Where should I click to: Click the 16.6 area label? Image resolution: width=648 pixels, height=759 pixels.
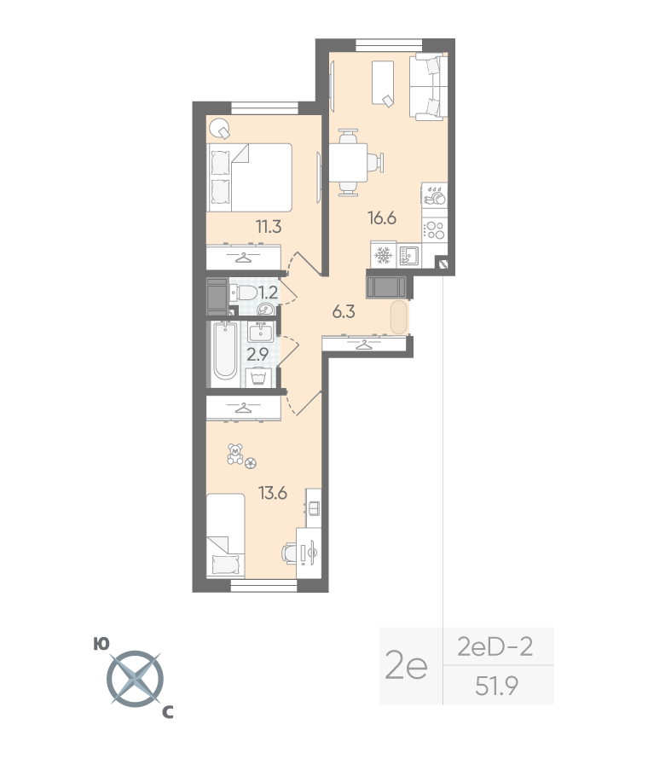pyautogui.click(x=382, y=218)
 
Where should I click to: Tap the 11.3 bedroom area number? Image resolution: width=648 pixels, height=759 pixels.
pyautogui.click(x=269, y=226)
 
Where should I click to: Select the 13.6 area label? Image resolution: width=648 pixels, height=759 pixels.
pyautogui.click(x=273, y=493)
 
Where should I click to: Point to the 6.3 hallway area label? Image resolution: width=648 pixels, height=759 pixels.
pyautogui.click(x=344, y=312)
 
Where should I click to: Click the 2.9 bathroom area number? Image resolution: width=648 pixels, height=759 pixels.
pyautogui.click(x=257, y=355)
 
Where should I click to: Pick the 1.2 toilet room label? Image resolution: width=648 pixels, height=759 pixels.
pyautogui.click(x=268, y=293)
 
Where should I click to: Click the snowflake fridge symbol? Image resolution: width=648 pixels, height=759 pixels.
pyautogui.click(x=384, y=256)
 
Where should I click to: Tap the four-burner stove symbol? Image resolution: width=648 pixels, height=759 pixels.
pyautogui.click(x=434, y=230)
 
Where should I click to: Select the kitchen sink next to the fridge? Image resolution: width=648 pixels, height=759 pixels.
pyautogui.click(x=409, y=255)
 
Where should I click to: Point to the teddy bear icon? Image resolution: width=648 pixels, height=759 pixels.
pyautogui.click(x=235, y=454)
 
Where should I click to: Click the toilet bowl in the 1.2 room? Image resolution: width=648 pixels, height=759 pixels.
pyautogui.click(x=246, y=293)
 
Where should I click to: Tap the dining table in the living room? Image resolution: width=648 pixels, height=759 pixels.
pyautogui.click(x=348, y=163)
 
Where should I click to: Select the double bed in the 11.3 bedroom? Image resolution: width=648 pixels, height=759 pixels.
pyautogui.click(x=250, y=177)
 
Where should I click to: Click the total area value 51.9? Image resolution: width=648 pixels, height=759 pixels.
pyautogui.click(x=496, y=686)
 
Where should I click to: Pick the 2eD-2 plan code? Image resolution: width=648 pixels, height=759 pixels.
pyautogui.click(x=495, y=646)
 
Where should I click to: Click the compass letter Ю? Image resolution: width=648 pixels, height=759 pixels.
pyautogui.click(x=101, y=644)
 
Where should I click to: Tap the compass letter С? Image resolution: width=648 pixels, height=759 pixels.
pyautogui.click(x=167, y=713)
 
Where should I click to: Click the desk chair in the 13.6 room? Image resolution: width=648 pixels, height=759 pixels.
pyautogui.click(x=289, y=552)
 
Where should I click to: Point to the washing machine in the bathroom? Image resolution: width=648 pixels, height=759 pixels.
pyautogui.click(x=258, y=378)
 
